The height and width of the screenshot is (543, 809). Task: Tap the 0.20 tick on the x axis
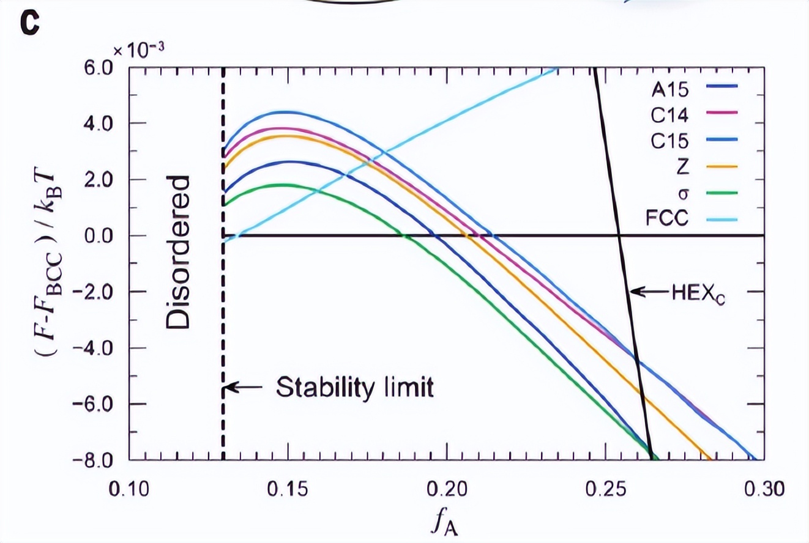[446, 490]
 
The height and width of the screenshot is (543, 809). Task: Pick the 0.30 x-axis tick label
[763, 490]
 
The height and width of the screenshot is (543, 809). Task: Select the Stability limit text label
[355, 387]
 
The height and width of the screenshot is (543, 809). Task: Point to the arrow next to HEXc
[650, 292]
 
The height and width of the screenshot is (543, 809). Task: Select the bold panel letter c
[31, 26]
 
